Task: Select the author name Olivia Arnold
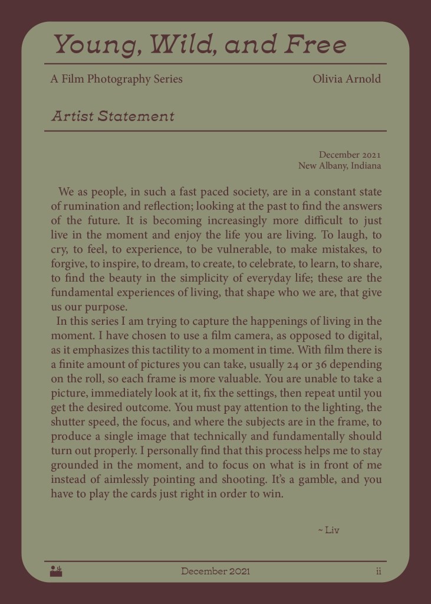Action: (347, 79)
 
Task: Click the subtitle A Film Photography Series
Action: (117, 79)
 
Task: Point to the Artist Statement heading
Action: (113, 116)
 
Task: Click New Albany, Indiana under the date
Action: (339, 165)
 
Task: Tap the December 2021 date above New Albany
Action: (350, 155)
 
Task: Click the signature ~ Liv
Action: (328, 530)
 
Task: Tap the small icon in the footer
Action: (57, 571)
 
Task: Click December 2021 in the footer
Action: (215, 571)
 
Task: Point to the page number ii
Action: (379, 571)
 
